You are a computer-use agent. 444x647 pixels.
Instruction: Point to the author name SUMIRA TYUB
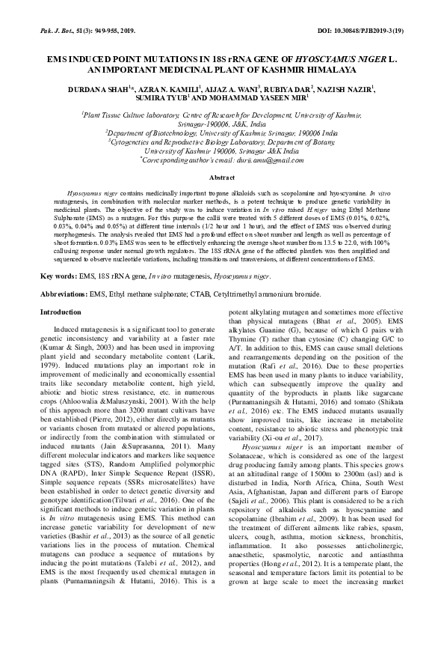[161, 98]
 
